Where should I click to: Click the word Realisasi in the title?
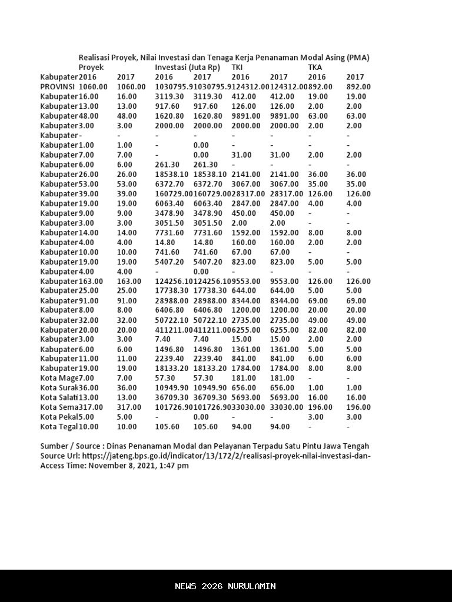96,58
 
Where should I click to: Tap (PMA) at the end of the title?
358,58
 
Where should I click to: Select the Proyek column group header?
91,67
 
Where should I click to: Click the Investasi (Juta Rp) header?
187,67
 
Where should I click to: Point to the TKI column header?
237,67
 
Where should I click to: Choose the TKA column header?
315,67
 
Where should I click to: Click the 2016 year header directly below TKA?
317,77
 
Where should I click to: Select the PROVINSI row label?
58,86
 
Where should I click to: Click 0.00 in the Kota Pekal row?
202,417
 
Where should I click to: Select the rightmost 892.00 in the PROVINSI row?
358,86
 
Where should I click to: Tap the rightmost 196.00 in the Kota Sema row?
358,407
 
